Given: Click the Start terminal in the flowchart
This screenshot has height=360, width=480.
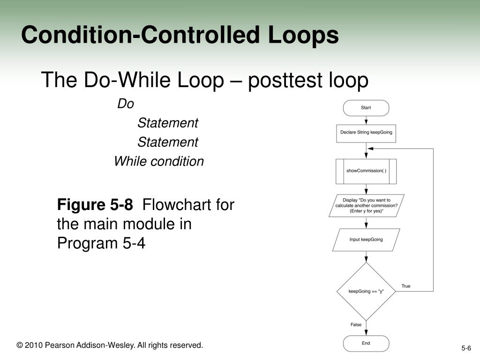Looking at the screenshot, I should (x=366, y=108).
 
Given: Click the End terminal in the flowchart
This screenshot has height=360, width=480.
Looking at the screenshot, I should (x=366, y=343).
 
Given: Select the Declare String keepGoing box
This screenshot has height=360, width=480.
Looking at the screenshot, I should (x=366, y=133).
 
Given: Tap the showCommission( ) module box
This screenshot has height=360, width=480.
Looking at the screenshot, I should (x=366, y=171).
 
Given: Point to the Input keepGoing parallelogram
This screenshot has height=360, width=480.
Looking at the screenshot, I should (x=366, y=240).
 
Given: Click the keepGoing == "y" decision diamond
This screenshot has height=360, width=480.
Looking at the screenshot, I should (x=366, y=291).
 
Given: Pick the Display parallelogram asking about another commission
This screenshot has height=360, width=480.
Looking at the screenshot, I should (x=366, y=205).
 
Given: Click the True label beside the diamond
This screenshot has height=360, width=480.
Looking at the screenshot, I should (x=405, y=286).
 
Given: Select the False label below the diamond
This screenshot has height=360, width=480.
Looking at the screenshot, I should (x=356, y=324).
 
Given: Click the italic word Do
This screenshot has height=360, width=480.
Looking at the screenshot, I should (x=125, y=104).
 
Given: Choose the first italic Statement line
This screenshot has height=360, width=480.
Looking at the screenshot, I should (x=168, y=123).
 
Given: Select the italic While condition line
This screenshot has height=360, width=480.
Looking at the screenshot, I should (x=159, y=161).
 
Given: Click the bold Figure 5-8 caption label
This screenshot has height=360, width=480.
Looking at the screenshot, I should (x=95, y=205).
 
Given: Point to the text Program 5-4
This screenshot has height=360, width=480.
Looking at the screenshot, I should (x=101, y=243).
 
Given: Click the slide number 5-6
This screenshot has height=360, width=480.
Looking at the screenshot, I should (x=466, y=348).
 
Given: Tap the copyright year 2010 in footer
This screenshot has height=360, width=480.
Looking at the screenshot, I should (x=33, y=345).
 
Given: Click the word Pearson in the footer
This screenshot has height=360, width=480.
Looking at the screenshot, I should (x=58, y=345).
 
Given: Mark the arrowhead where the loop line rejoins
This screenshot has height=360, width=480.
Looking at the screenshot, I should (x=370, y=149).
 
